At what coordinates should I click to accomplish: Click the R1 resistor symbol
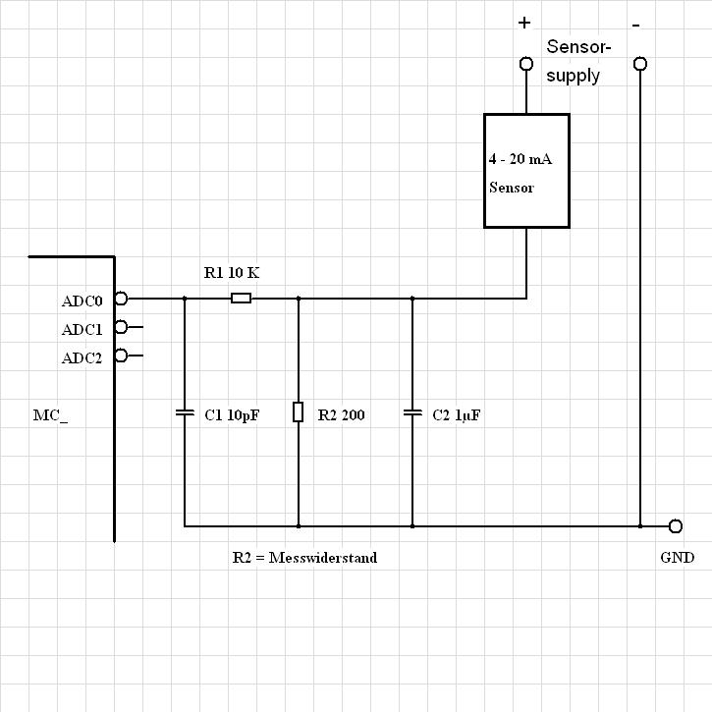click(x=241, y=298)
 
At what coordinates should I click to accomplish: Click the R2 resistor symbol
click(x=298, y=412)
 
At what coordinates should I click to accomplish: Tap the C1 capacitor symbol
click(x=184, y=413)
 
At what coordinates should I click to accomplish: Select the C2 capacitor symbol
click(x=411, y=413)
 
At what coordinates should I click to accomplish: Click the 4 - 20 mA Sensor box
click(x=526, y=171)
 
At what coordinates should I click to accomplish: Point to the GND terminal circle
click(x=675, y=526)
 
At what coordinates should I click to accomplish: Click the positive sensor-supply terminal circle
click(x=526, y=64)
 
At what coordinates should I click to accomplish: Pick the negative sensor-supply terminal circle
click(x=640, y=64)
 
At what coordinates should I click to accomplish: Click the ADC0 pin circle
click(x=121, y=299)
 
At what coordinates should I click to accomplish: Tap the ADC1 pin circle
click(x=121, y=327)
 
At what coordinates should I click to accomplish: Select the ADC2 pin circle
click(x=121, y=356)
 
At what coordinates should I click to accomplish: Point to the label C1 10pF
click(x=231, y=415)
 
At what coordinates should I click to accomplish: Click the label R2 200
click(x=341, y=415)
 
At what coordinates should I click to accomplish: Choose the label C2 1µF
click(x=457, y=415)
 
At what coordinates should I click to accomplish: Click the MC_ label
click(x=51, y=415)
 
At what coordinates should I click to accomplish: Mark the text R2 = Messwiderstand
click(x=304, y=557)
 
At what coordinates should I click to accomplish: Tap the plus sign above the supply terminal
click(x=524, y=23)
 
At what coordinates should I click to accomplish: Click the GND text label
click(x=678, y=558)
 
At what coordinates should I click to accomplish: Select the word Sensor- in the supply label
click(x=578, y=47)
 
